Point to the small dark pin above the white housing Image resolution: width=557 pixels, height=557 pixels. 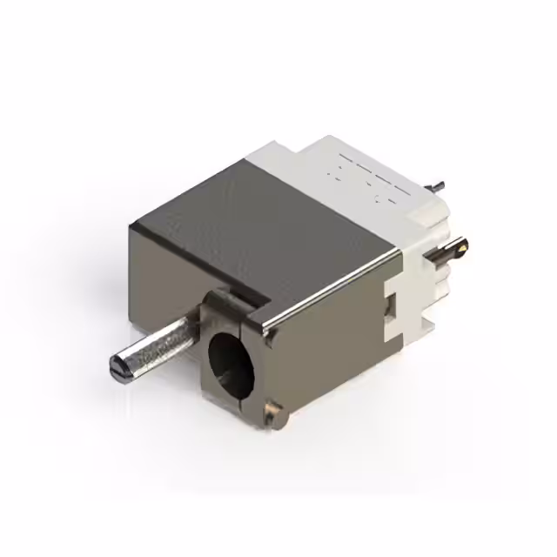[439, 185]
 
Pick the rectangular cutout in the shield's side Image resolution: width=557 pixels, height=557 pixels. [390, 305]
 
